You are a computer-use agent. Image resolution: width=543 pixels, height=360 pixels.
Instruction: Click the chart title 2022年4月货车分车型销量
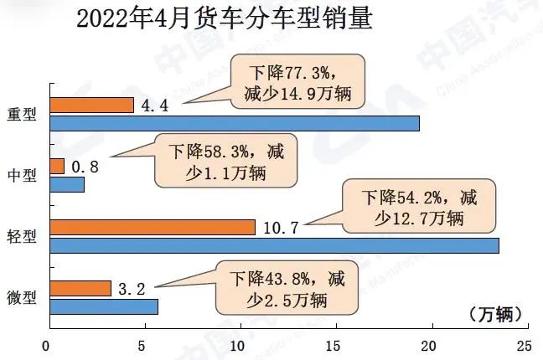point(224,18)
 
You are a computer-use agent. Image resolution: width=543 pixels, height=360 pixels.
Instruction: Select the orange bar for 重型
point(92,105)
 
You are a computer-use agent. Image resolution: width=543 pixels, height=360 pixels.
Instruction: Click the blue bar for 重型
point(235,123)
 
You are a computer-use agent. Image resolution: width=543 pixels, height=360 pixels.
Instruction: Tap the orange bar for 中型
point(57,166)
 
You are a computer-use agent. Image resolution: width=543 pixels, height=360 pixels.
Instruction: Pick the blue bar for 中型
point(67,184)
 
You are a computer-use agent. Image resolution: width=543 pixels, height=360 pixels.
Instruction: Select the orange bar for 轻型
point(153,227)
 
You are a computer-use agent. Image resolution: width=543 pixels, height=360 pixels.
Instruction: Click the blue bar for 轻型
point(275,245)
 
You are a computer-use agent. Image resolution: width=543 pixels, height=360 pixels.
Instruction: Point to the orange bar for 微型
point(80,288)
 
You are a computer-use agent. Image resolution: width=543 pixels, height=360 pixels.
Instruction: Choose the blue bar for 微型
point(104,306)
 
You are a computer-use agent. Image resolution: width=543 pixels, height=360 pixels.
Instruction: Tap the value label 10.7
point(282,227)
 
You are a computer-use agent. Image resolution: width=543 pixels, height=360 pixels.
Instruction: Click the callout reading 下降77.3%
point(297,80)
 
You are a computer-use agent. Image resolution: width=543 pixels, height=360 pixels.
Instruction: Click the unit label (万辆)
point(495,314)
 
